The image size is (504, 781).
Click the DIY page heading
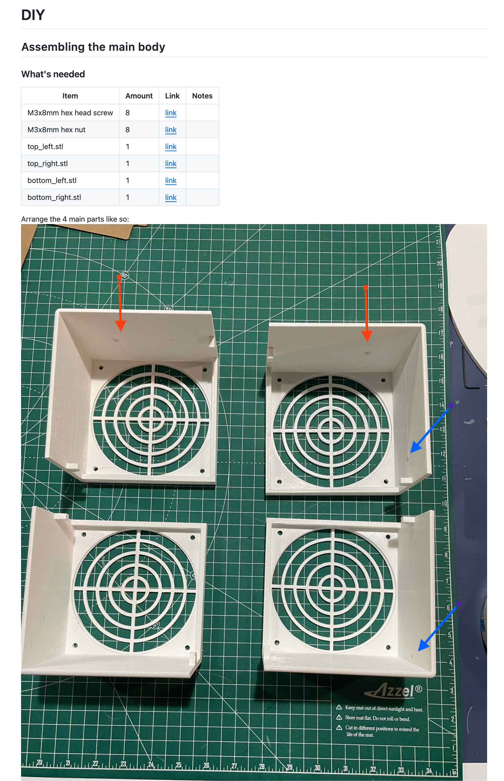pos(33,15)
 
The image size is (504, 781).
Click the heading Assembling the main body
pos(93,47)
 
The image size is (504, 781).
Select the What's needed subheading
pos(53,74)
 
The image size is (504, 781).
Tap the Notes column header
pos(202,96)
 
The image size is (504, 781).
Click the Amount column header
pos(139,96)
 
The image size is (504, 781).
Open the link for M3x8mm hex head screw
pos(171,113)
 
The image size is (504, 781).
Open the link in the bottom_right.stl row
pos(171,197)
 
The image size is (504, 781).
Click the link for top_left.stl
pos(171,146)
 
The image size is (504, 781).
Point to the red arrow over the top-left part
pos(120,303)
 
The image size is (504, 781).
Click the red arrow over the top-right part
pos(367,314)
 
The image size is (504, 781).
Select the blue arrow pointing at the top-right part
pos(431,428)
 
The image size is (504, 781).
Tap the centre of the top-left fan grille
pos(151,420)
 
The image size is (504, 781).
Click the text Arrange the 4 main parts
pos(63,219)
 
